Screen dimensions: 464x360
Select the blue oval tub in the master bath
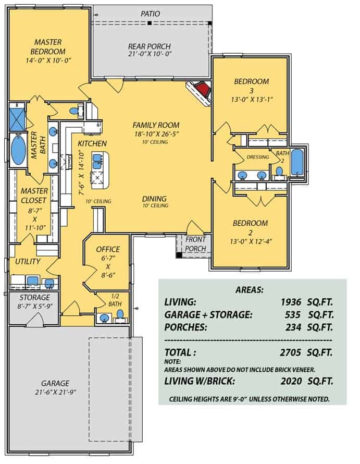click(18, 149)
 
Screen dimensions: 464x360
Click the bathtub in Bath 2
click(296, 163)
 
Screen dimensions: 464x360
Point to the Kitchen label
click(92, 143)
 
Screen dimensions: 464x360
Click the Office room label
click(108, 249)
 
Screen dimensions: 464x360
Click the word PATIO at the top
click(151, 14)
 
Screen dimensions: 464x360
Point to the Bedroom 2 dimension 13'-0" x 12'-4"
click(251, 233)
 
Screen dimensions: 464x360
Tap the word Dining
click(155, 199)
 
